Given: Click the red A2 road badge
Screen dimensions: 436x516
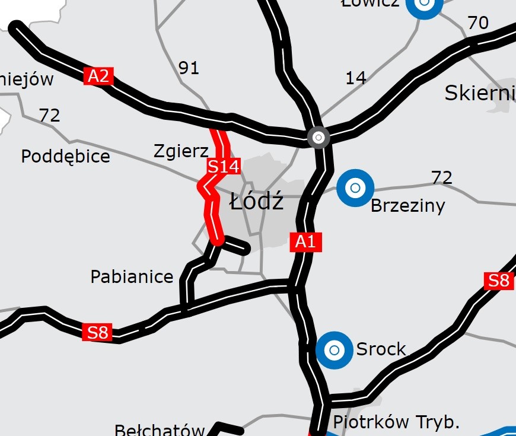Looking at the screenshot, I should [x=99, y=76].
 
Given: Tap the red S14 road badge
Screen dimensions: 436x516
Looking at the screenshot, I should [x=224, y=167].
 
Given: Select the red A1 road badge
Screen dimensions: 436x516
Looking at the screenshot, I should [x=306, y=242].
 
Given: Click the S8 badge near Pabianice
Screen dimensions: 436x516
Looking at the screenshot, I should [x=98, y=332].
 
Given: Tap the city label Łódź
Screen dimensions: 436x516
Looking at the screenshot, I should [x=257, y=202].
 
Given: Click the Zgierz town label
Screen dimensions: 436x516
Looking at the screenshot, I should [x=181, y=151].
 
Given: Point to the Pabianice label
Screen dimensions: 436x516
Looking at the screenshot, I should [x=132, y=276].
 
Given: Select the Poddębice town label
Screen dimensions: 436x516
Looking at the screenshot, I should [x=65, y=157].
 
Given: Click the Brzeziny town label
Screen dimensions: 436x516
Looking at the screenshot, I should [x=407, y=206].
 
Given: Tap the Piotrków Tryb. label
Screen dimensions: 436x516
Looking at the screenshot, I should [x=397, y=422].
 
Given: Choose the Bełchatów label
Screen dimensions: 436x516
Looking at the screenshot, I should [x=160, y=430].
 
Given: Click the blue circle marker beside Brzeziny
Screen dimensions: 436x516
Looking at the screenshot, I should [x=355, y=188].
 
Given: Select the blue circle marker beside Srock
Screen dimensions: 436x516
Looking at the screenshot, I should [x=334, y=350].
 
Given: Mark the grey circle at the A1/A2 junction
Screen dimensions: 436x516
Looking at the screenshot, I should [x=318, y=138].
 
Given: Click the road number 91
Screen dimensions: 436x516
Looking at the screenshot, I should [x=189, y=68].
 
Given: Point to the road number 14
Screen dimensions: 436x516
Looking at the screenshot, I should [x=355, y=78].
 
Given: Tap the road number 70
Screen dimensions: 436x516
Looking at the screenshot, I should [x=478, y=23].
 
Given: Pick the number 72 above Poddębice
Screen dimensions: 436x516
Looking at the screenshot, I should [x=49, y=115].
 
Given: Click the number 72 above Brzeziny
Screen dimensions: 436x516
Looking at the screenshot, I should [x=442, y=177].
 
